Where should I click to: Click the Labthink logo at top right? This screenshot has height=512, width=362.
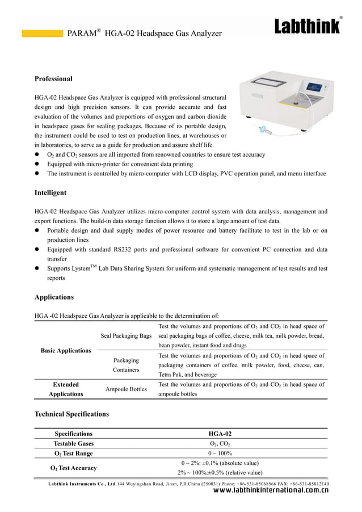pos(308,27)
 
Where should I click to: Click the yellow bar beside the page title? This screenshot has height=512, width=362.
pos(42,33)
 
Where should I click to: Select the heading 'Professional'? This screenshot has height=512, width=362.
pos(53,78)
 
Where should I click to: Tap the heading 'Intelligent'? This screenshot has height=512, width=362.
pos(50,193)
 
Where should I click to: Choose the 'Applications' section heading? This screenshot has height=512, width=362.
pos(54,297)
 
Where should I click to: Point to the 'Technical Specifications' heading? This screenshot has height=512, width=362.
pos(71,414)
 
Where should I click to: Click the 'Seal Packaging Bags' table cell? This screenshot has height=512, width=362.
pos(126,336)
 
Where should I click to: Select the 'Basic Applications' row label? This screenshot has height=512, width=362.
pos(66,350)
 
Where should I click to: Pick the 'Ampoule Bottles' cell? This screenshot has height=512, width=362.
pos(126,389)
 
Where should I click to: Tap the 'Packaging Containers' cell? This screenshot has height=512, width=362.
pos(126,364)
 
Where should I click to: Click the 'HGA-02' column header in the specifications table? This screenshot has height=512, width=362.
pos(220,434)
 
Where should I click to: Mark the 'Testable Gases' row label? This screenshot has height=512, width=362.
pos(74,443)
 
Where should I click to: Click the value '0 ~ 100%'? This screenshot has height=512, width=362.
pos(220,453)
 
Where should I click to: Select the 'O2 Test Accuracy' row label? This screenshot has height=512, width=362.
pos(74,468)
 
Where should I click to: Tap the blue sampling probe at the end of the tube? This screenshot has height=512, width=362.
pos(263,131)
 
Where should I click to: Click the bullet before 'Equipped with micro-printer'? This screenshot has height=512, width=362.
pos(37,163)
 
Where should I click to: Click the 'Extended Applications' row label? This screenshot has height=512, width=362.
pos(66,389)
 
